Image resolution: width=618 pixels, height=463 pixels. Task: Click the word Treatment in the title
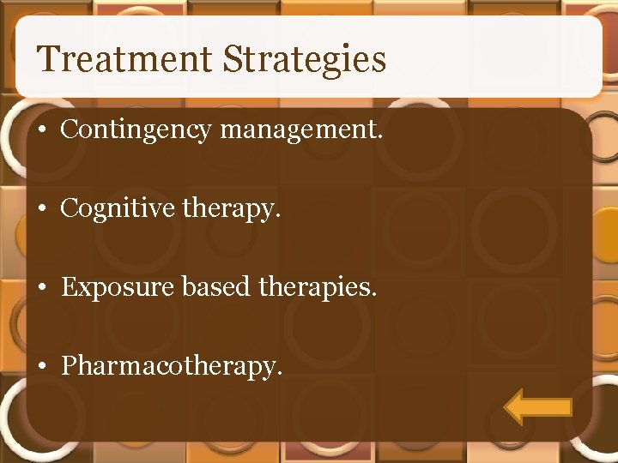tap(125, 60)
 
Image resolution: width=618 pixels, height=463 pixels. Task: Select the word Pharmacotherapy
tap(171, 367)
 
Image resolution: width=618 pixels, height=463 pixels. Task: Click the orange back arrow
tap(537, 406)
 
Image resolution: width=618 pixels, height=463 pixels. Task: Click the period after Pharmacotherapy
tap(278, 374)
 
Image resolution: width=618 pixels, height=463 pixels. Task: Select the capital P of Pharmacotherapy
tap(69, 366)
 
